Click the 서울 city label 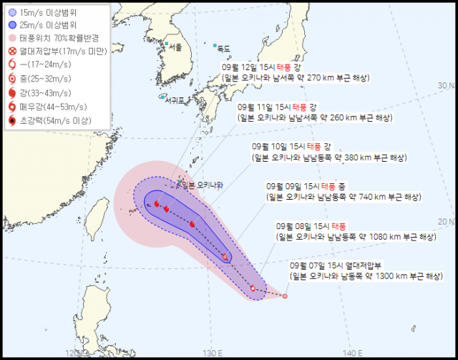pyautogui.click(x=174, y=47)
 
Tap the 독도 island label pyautogui.click(x=223, y=49)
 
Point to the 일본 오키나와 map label pyautogui.click(x=203, y=185)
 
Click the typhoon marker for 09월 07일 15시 pyautogui.click(x=285, y=296)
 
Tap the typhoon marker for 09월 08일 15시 pyautogui.click(x=253, y=288)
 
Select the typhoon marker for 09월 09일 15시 pyautogui.click(x=225, y=256)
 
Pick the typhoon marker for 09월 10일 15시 pyautogui.click(x=192, y=224)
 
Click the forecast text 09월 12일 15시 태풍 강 pyautogui.click(x=269, y=65)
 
